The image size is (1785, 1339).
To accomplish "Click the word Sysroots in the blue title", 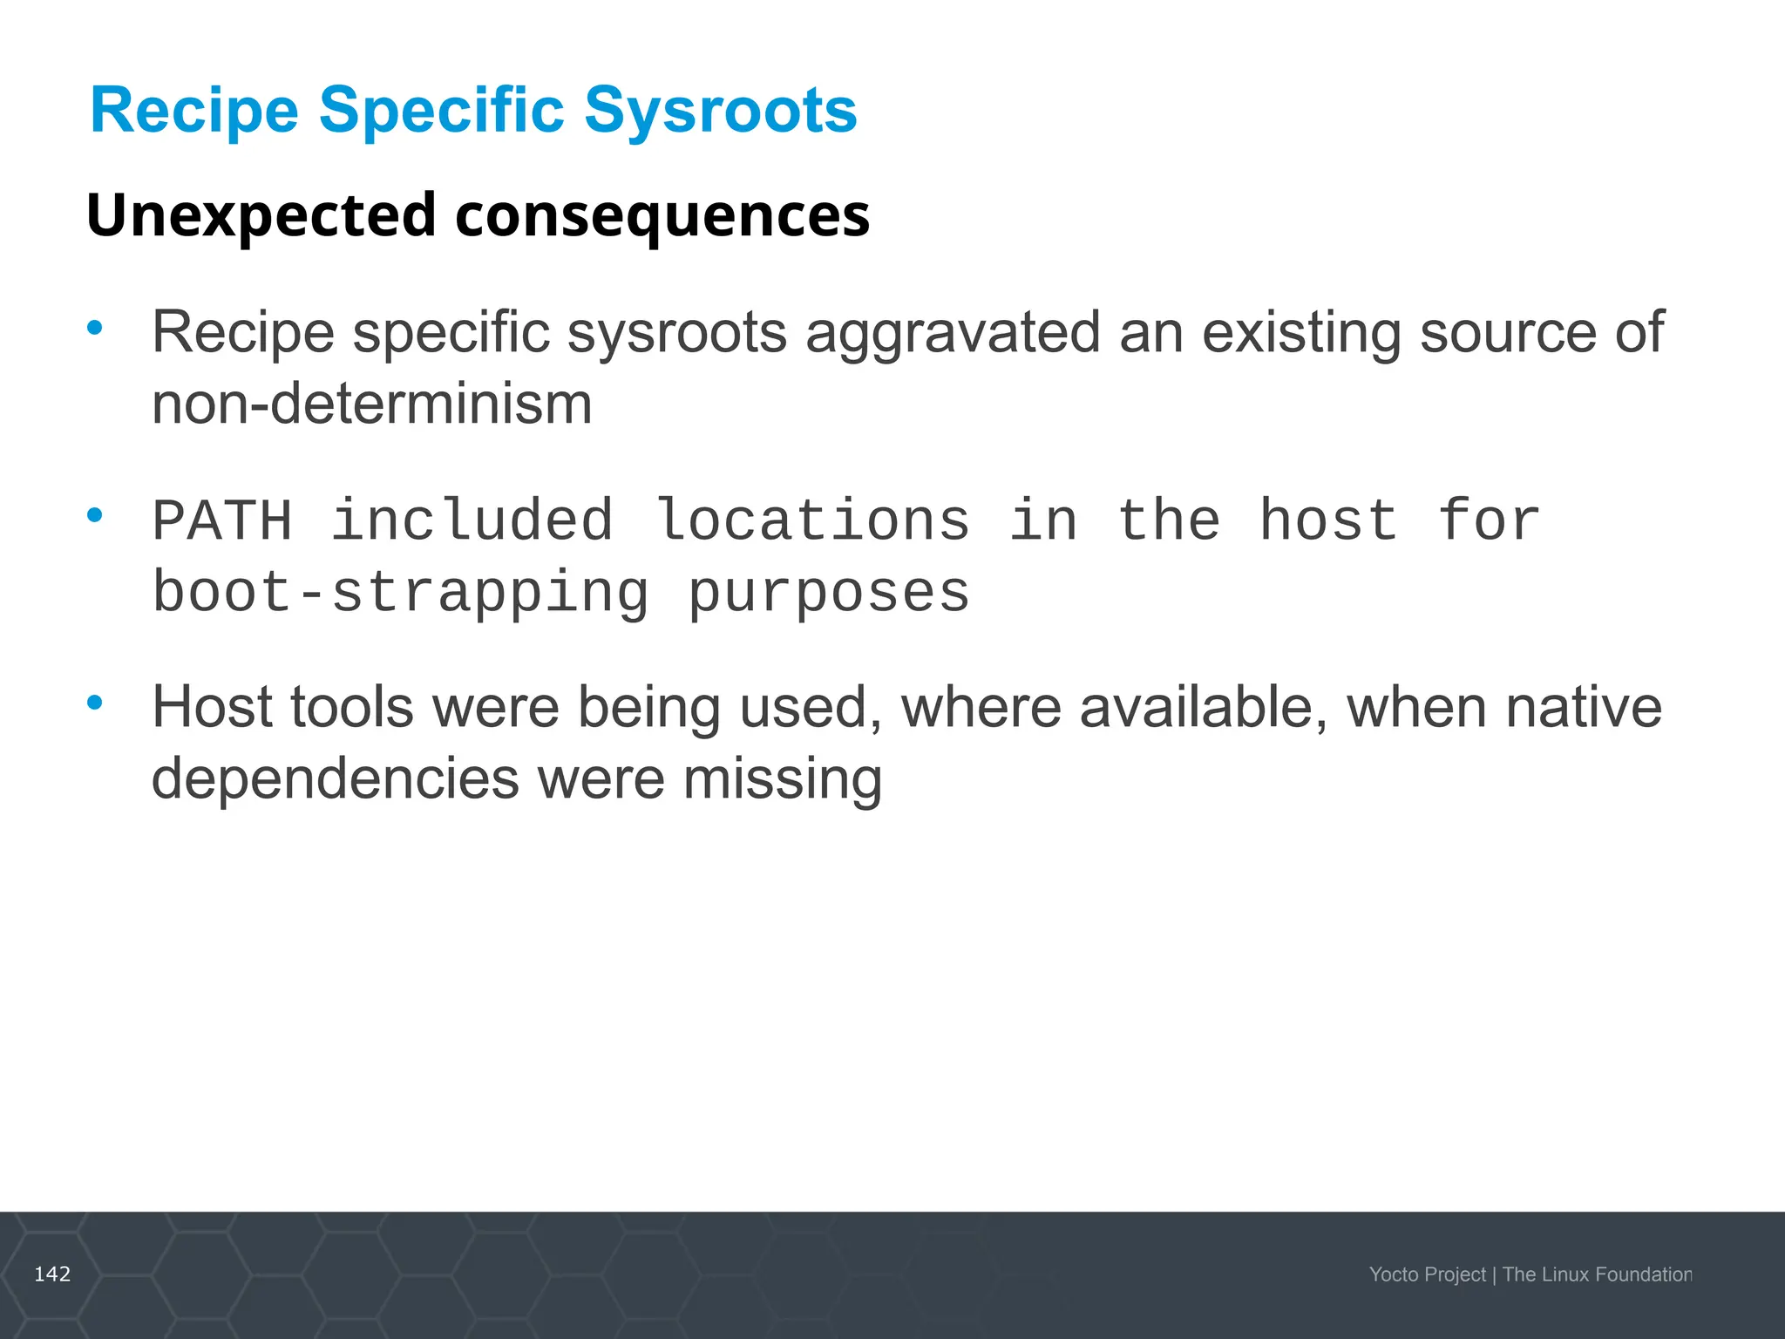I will click(720, 112).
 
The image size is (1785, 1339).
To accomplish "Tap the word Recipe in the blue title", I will click(194, 112).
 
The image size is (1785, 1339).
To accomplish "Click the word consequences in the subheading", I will click(662, 216).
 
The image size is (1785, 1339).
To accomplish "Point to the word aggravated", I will click(953, 335).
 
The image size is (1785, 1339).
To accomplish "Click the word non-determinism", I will click(372, 404).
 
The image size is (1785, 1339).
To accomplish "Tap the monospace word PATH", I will click(222, 521).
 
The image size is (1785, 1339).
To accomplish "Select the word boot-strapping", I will click(401, 595).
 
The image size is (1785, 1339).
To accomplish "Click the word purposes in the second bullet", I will click(828, 595).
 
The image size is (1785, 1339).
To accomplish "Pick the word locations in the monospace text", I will click(812, 521).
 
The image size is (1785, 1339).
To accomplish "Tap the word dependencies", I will click(336, 778).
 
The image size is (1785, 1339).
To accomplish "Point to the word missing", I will click(782, 778).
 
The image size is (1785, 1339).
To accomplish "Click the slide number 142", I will click(52, 1274).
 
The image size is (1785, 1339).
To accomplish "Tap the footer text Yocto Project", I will click(1427, 1274).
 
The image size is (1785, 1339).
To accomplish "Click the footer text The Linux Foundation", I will click(1597, 1274).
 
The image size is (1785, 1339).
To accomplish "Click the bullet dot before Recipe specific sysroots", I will click(95, 329).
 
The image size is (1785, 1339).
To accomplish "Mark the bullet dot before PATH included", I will click(95, 515).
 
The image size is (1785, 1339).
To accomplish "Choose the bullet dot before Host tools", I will click(95, 702).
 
